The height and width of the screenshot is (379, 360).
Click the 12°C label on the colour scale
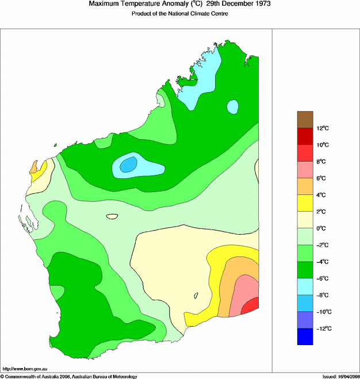tap(323, 128)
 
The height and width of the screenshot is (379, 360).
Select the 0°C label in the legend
tap(323, 228)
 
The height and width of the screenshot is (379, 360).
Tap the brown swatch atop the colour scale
tap(305, 120)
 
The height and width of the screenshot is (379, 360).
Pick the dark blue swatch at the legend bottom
tap(305, 337)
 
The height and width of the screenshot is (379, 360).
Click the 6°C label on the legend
tap(323, 178)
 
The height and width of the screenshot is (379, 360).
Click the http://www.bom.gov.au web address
tap(25, 369)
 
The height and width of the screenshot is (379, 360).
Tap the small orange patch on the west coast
tap(35, 167)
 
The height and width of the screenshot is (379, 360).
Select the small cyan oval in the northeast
tap(232, 106)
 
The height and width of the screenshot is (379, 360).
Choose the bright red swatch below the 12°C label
tap(305, 136)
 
